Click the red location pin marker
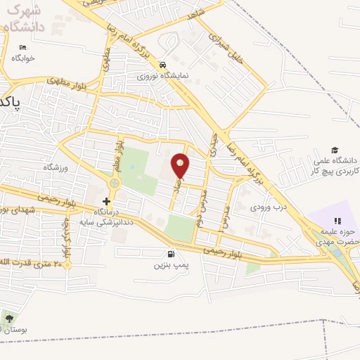pyautogui.click(x=181, y=165)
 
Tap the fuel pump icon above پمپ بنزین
pyautogui.click(x=169, y=255)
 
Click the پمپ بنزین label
pyautogui.click(x=169, y=266)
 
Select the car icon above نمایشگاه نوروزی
pyautogui.click(x=162, y=63)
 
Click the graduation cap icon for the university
pyautogui.click(x=335, y=150)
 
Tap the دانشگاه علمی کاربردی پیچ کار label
pyautogui.click(x=335, y=166)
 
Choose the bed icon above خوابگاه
pyautogui.click(x=22, y=48)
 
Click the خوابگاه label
pyautogui.click(x=22, y=59)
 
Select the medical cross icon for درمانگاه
pyautogui.click(x=106, y=201)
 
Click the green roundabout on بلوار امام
pyautogui.click(x=114, y=184)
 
